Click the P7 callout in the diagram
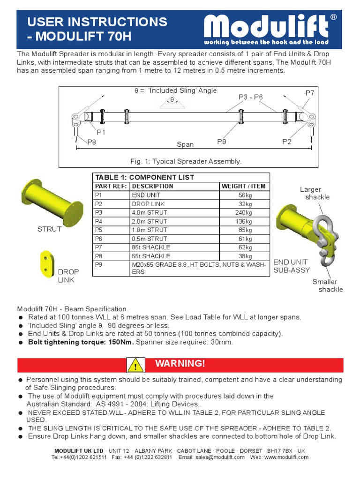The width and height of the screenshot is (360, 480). tap(310, 93)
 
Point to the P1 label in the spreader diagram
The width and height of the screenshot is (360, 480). tap(101, 132)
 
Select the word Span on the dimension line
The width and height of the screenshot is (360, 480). tap(185, 145)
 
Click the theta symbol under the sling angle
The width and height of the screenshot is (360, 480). tap(172, 100)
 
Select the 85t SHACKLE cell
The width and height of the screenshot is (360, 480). tap(151, 247)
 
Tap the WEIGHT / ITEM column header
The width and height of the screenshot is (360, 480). tap(244, 186)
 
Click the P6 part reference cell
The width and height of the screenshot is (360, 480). tap(99, 239)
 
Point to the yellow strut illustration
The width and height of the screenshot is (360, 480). tap(52, 199)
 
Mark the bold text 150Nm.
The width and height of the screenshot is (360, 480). tap(120, 342)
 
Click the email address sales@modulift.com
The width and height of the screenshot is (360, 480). tap(220, 457)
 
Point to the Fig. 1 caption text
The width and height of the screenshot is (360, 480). tap(186, 161)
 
